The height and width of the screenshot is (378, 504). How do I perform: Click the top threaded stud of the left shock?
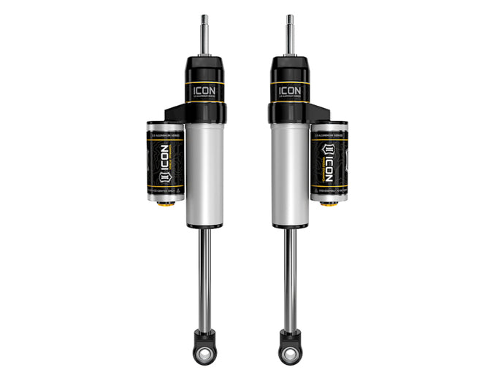tap(205, 34)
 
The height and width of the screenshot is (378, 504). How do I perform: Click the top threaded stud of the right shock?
tap(290, 34)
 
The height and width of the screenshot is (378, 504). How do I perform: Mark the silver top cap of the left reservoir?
tap(165, 125)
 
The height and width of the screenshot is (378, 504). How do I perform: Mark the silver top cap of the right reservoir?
tap(329, 125)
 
